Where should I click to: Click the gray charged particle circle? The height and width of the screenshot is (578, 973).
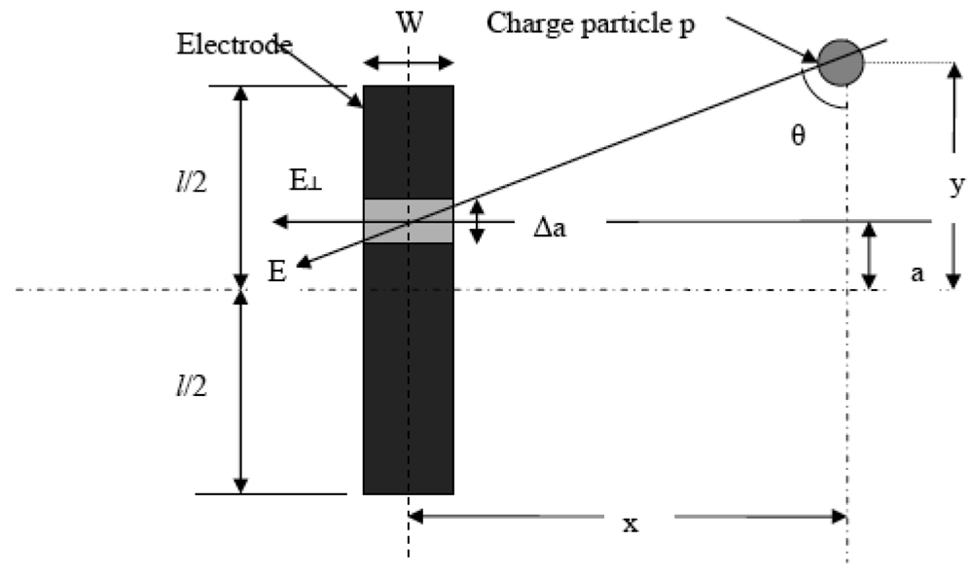840,62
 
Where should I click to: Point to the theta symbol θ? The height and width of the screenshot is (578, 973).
798,135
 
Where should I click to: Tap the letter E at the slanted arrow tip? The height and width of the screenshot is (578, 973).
278,271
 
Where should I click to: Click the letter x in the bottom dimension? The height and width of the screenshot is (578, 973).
631,524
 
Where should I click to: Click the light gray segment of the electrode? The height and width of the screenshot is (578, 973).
408,221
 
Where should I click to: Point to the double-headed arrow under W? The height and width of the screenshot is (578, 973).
408,63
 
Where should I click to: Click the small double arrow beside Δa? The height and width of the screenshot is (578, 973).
477,222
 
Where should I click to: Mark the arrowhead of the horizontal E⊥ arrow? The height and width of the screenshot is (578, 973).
278,222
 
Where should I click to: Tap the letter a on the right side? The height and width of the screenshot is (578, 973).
915,274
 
